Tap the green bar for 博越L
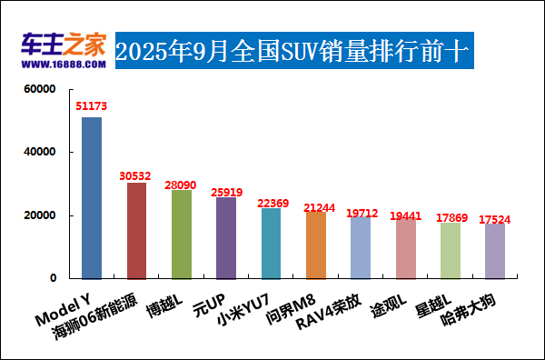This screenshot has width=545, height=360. point(182,234)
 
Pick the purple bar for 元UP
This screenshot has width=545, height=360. point(226,237)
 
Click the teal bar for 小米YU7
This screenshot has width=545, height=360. point(271,243)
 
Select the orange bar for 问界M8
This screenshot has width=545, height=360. point(315,245)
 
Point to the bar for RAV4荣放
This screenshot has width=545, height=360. point(361,247)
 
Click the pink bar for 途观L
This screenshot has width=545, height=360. point(405,247)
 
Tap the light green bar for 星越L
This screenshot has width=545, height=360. point(450,250)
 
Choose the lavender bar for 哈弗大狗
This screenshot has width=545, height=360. point(495,250)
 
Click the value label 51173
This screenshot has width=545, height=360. point(92,106)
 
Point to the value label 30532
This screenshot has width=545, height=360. point(136,173)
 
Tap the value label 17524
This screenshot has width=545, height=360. point(495,219)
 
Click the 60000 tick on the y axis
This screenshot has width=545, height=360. point(40,89)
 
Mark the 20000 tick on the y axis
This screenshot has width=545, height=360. point(40,215)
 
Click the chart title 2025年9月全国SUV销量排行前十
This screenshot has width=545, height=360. point(293,51)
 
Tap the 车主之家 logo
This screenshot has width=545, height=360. point(64,45)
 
